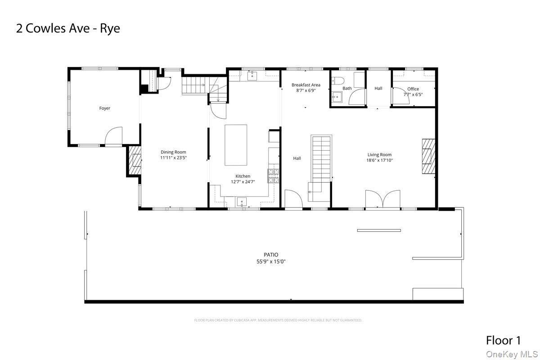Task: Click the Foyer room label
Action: coord(104,108)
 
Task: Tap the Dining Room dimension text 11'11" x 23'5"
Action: coord(173,158)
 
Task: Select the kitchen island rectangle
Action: coord(236,145)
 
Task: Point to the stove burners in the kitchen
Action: coord(273,175)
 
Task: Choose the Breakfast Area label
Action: coord(306,85)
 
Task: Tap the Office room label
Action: coord(413,89)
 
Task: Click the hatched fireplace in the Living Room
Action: coord(428,156)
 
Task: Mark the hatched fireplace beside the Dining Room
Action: coord(134,161)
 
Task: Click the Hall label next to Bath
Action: coord(378,88)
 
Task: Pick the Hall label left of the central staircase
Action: coord(297,158)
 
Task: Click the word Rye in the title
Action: coord(110,28)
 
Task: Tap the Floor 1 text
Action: coord(503,340)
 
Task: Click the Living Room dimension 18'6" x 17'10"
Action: coord(380,160)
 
